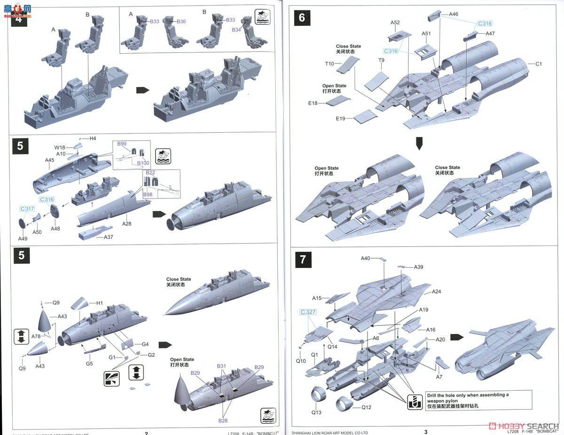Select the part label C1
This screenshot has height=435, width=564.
click(539, 64)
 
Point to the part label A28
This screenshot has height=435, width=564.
click(126, 224)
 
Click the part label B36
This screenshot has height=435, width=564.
click(181, 22)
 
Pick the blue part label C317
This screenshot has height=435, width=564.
click(27, 209)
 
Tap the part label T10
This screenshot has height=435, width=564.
click(329, 63)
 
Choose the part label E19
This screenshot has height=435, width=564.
click(341, 119)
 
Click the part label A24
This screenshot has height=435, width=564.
click(437, 292)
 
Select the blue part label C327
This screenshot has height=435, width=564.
click(308, 312)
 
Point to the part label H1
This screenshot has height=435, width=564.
click(99, 303)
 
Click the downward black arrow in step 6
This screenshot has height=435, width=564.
click(419, 144)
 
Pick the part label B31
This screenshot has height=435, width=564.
click(221, 366)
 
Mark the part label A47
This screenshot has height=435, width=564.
click(490, 34)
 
